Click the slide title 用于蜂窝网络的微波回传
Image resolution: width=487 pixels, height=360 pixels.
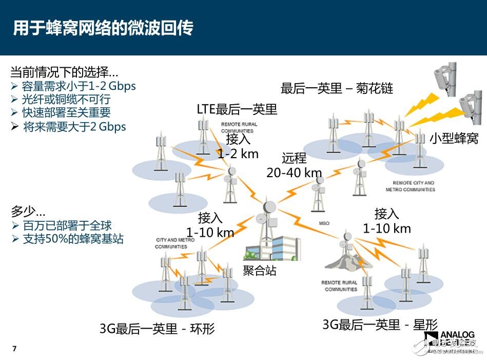[x=103, y=28]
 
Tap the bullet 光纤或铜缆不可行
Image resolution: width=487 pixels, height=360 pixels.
[x=66, y=99]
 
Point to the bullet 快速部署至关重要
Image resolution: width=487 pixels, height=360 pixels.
[x=66, y=112]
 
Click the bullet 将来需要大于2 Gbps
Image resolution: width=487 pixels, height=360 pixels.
[x=74, y=126]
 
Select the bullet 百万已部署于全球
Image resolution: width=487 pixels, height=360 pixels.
[x=67, y=225]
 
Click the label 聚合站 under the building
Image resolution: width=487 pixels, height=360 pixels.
[x=259, y=271]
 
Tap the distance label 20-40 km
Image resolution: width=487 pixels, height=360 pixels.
[x=294, y=173]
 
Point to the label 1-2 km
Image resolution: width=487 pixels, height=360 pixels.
[x=238, y=154]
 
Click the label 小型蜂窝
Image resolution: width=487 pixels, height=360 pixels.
[x=454, y=138]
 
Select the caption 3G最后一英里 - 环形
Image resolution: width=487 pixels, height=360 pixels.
[x=157, y=329]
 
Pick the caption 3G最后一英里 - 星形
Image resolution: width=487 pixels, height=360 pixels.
[x=380, y=324]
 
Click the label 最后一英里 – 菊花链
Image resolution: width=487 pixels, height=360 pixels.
[x=337, y=88]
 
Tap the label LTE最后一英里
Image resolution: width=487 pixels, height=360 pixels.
[x=237, y=109]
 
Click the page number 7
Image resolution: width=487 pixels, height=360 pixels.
[x=14, y=349]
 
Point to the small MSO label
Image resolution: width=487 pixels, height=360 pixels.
[x=324, y=223]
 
